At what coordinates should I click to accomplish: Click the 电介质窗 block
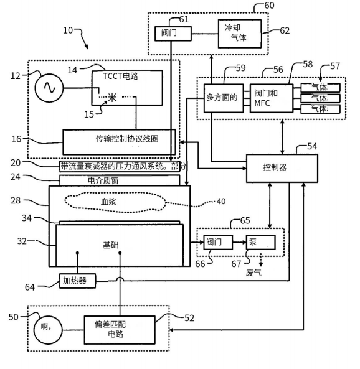point(120,180)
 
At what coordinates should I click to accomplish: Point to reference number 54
point(312,146)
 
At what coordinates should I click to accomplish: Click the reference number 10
point(68,30)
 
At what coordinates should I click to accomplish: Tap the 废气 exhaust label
point(253,273)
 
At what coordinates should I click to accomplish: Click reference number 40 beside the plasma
point(221,201)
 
